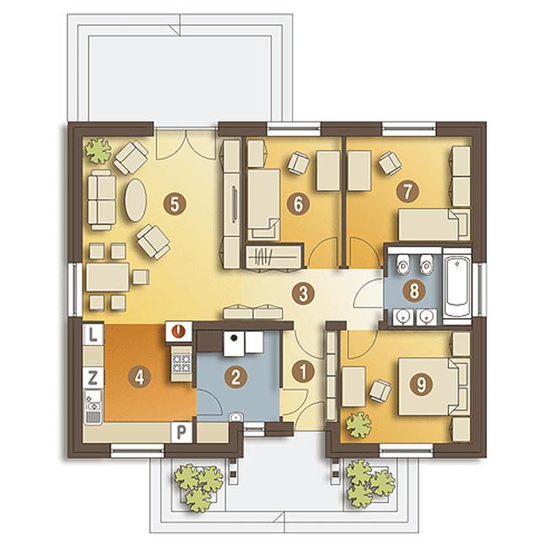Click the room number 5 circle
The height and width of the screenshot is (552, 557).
coord(175,204)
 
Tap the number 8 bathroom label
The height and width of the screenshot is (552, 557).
coord(414,291)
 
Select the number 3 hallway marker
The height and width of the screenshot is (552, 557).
coord(303,294)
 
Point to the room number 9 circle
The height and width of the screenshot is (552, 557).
coord(421,384)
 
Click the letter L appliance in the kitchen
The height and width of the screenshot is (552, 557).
coord(93,334)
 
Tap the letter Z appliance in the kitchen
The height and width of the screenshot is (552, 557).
coord(93,377)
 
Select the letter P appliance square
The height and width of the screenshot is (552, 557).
coord(181,432)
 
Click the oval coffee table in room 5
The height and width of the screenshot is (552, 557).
coord(135,200)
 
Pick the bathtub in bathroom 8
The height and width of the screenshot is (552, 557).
coord(457,287)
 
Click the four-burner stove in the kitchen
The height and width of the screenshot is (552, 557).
coord(181,364)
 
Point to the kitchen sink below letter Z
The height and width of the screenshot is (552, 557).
coord(93,407)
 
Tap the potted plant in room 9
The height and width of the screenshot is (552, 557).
coord(359,425)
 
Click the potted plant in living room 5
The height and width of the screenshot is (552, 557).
coord(98,150)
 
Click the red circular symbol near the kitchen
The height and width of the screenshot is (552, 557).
coord(179,332)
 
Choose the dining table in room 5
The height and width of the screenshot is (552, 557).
coord(108,277)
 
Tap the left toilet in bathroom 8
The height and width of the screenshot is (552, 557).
coord(403,264)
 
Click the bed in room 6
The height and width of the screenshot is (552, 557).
coord(263,203)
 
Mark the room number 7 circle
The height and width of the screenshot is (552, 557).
coord(408,191)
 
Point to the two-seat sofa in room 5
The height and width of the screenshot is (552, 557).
coord(101,200)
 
